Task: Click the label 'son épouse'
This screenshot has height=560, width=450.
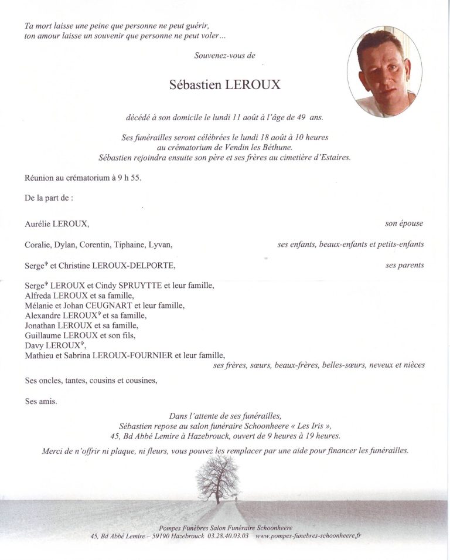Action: tap(404, 223)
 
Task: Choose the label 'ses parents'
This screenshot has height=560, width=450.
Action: tap(404, 265)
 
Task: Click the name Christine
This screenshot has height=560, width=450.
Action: tap(74, 266)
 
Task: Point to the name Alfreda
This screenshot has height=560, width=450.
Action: tap(39, 296)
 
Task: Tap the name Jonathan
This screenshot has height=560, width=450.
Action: tap(41, 325)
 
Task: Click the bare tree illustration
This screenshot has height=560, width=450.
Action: tap(217, 476)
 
